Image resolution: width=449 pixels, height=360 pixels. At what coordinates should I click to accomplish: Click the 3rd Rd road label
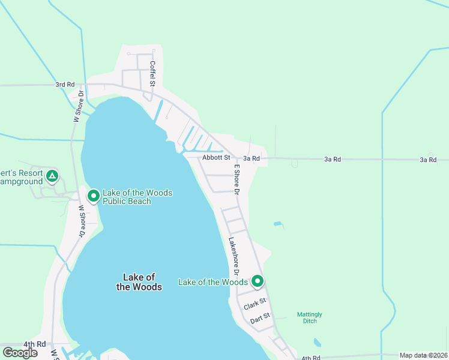coord(65,85)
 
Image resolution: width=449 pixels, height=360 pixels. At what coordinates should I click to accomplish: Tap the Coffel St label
coord(152,73)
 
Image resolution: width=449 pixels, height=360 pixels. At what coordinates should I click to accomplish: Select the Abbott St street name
coord(216,158)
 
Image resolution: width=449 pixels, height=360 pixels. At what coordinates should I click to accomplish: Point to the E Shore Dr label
coord(237,180)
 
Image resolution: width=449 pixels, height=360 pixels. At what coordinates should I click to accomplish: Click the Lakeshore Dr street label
coord(234,257)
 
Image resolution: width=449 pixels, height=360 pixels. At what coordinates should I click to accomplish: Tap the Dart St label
coord(261,317)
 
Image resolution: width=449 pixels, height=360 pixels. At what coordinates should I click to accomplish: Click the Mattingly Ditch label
coord(310,317)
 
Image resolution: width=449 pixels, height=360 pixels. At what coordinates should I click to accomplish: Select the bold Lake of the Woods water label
coord(139,282)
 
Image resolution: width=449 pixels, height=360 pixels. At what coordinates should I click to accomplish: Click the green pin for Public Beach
coord(94,196)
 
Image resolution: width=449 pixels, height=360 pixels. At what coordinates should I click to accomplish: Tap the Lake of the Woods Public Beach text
coord(137,197)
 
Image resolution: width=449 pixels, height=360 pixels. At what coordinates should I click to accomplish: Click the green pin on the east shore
coord(258,281)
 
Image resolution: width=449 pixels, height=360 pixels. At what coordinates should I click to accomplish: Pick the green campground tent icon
coord(52,176)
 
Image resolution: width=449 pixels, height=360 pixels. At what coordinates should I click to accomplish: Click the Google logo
coord(20,353)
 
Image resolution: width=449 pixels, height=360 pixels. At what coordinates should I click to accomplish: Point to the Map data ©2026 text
coord(424,355)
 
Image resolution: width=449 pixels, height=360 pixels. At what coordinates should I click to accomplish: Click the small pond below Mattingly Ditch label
coord(316,343)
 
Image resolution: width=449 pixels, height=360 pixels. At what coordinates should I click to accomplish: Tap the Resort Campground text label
coord(22,177)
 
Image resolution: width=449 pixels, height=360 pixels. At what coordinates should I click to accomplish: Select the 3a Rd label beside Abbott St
coord(252,158)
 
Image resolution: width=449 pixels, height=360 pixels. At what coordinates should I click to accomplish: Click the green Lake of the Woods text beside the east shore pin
coord(213,282)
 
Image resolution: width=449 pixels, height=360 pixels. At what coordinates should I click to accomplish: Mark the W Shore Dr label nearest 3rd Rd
coord(77,107)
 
